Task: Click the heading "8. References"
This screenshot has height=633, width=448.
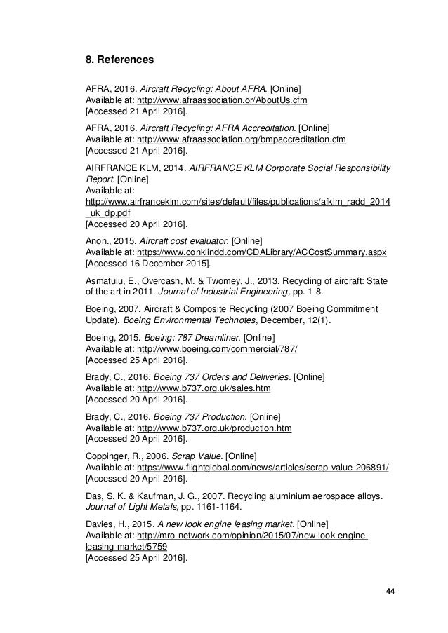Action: tap(119, 60)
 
